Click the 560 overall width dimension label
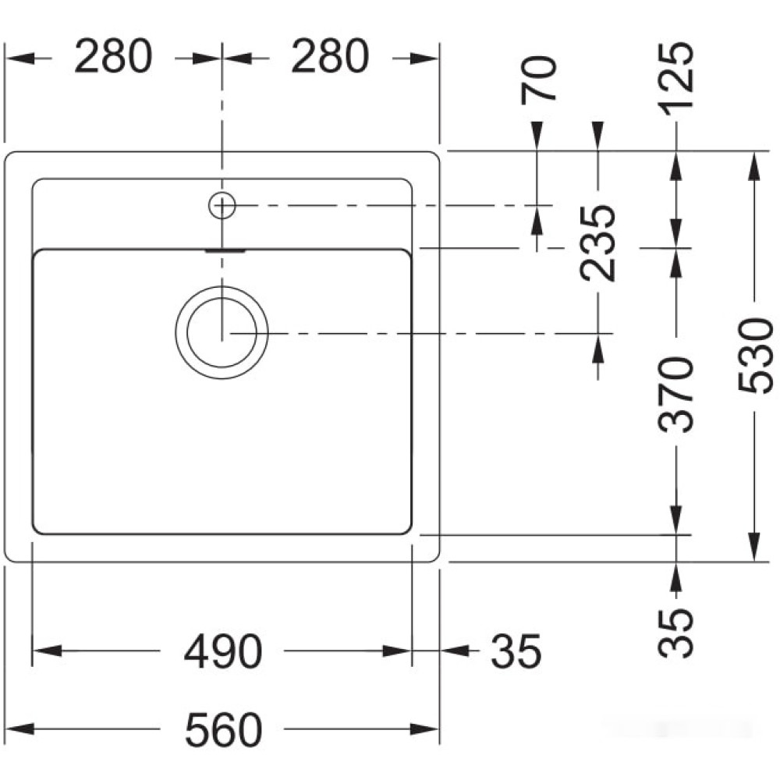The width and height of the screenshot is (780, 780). [223, 730]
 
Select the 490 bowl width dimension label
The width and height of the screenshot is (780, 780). [223, 651]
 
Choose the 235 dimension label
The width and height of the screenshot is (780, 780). [598, 243]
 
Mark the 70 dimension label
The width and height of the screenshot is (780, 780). [538, 80]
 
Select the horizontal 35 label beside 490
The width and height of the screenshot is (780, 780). [516, 651]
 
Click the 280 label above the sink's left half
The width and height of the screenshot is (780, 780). [113, 56]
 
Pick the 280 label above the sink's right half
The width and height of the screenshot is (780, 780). [330, 56]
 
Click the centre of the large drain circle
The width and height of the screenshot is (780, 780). [222, 332]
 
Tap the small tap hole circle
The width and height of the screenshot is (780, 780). [222, 205]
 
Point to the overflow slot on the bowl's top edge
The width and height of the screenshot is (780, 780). [225, 250]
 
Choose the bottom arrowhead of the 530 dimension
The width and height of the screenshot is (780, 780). [755, 547]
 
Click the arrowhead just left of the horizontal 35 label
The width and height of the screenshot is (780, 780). [455, 651]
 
